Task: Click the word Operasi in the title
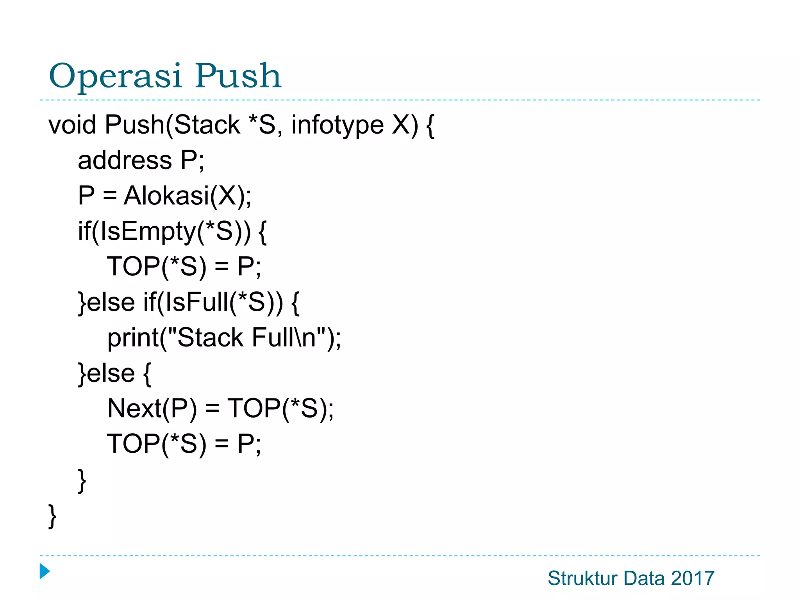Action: point(116,76)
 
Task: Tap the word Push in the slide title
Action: point(238,76)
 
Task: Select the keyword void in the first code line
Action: point(72,125)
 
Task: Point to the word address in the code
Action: point(125,160)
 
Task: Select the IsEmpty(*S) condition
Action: point(171,231)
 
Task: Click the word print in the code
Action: point(133,338)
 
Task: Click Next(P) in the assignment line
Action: point(152,409)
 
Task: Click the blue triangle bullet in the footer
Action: point(45,571)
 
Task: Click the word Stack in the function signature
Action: point(207,125)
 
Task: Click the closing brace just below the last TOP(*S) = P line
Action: point(82,480)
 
